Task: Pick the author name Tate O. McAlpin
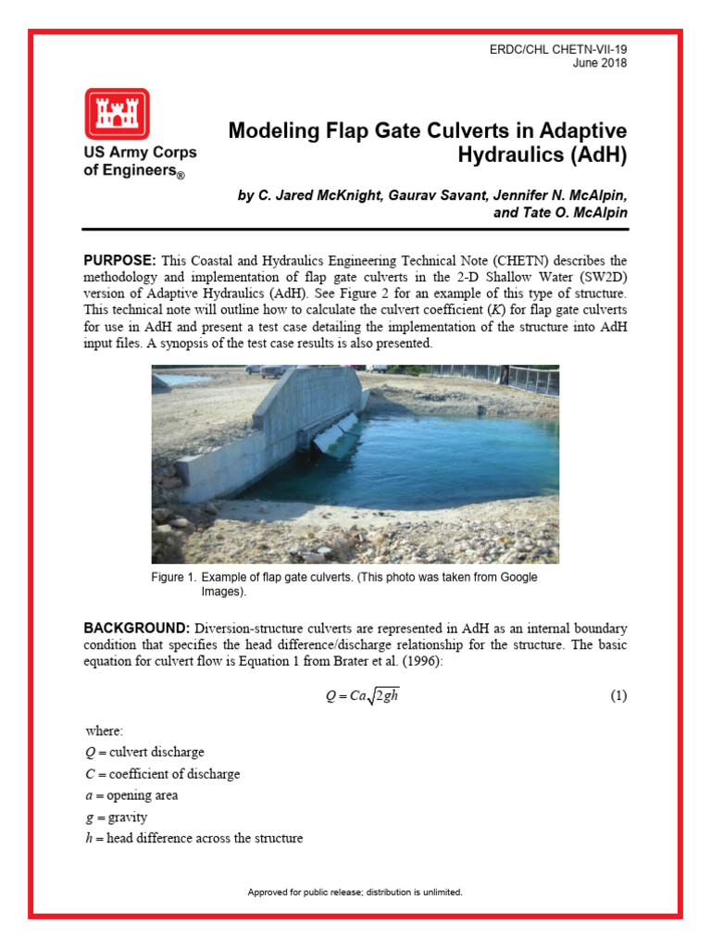pos(578,213)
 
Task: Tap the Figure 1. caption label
pos(173,578)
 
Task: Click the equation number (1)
pos(617,696)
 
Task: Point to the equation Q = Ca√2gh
pos(363,696)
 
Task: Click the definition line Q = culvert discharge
pos(144,752)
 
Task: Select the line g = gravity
pos(115,817)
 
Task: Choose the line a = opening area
pos(131,795)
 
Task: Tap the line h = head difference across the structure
pos(193,839)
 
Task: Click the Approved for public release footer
pos(355,892)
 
